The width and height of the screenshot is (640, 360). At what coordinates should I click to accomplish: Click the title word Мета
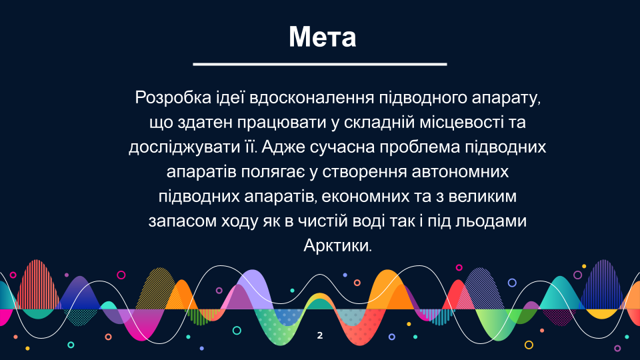(323, 37)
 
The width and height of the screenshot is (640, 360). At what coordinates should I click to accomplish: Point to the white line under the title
(320, 64)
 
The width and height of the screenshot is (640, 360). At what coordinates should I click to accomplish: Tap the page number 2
(320, 335)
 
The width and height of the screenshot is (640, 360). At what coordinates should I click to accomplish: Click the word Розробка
(173, 98)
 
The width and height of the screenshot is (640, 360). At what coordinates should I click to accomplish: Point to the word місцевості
(459, 123)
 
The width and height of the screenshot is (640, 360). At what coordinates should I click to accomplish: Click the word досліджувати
(184, 147)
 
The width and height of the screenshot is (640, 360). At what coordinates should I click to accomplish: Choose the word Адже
(283, 147)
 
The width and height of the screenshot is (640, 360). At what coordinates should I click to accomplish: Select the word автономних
(460, 172)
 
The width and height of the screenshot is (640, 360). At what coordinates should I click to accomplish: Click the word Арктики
(338, 246)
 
